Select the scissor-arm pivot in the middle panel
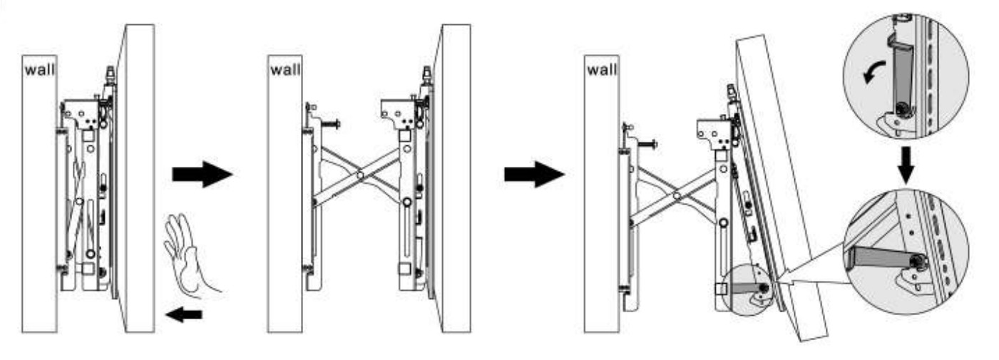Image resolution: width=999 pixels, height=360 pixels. tap(361, 175)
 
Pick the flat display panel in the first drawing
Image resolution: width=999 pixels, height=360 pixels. tap(135, 178)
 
